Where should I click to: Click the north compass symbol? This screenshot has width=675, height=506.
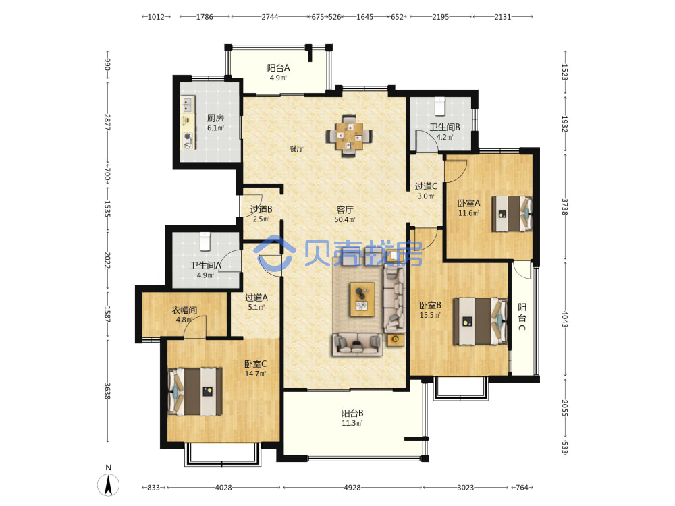[x=109, y=484]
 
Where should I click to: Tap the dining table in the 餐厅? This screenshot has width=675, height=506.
[x=349, y=136]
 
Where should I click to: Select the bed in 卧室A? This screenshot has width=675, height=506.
[x=512, y=214]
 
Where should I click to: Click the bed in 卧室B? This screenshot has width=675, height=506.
[x=480, y=321]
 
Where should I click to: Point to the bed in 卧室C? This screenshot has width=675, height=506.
[x=194, y=391]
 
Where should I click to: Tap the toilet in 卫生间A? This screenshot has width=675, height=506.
[x=205, y=242]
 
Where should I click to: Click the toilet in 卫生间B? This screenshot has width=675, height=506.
[x=439, y=107]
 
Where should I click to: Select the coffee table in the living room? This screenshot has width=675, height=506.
[x=362, y=299]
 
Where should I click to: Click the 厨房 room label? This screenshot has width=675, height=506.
[x=215, y=118]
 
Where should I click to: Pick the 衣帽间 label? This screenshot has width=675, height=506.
[x=185, y=310]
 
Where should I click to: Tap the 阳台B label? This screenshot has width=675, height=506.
[x=352, y=413]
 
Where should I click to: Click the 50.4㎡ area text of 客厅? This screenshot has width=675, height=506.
[x=345, y=219]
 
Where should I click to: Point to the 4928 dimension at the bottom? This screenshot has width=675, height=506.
[x=352, y=488]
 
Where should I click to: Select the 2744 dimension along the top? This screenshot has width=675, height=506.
[x=270, y=17]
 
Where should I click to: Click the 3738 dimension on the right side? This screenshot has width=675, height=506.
[x=565, y=207]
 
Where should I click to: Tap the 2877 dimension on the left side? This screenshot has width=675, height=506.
[x=107, y=122]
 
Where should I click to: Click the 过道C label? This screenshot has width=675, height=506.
[x=426, y=186]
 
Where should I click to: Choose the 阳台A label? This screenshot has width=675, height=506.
[x=278, y=68]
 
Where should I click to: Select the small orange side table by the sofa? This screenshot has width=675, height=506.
[x=396, y=339]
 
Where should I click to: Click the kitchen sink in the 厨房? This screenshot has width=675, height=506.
[x=188, y=104]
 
